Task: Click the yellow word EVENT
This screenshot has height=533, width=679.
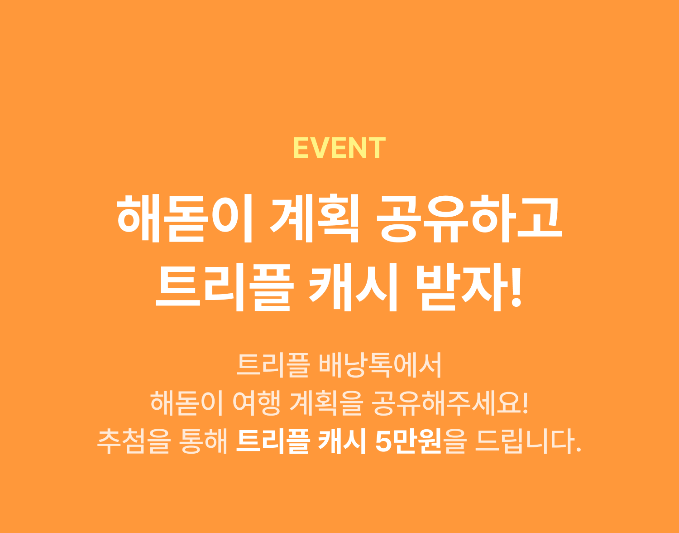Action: (339, 147)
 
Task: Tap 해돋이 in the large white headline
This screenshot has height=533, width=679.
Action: (185, 218)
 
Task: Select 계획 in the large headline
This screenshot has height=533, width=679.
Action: (314, 218)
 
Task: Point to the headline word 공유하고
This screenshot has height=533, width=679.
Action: (469, 218)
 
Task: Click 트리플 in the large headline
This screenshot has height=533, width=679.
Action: (225, 287)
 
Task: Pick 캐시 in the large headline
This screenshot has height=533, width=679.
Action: (353, 287)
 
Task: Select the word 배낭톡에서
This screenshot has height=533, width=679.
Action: (380, 365)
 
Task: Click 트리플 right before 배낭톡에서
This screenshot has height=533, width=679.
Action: (273, 365)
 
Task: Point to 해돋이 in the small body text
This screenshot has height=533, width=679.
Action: (186, 403)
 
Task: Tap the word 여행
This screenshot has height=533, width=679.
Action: (256, 403)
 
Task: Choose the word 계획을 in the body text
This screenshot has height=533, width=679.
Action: (326, 403)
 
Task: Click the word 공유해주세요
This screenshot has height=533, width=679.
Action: (445, 403)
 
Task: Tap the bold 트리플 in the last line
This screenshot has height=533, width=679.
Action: (273, 441)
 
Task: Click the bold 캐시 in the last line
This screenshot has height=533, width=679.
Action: (342, 441)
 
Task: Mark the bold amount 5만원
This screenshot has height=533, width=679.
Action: (408, 441)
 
